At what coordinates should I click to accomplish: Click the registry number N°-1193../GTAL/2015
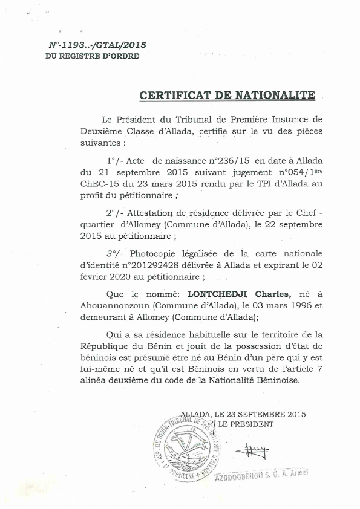pyautogui.click(x=97, y=45)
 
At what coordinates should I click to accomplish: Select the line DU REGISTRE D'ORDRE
pyautogui.click(x=92, y=56)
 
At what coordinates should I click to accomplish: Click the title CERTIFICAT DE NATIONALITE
pyautogui.click(x=227, y=96)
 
